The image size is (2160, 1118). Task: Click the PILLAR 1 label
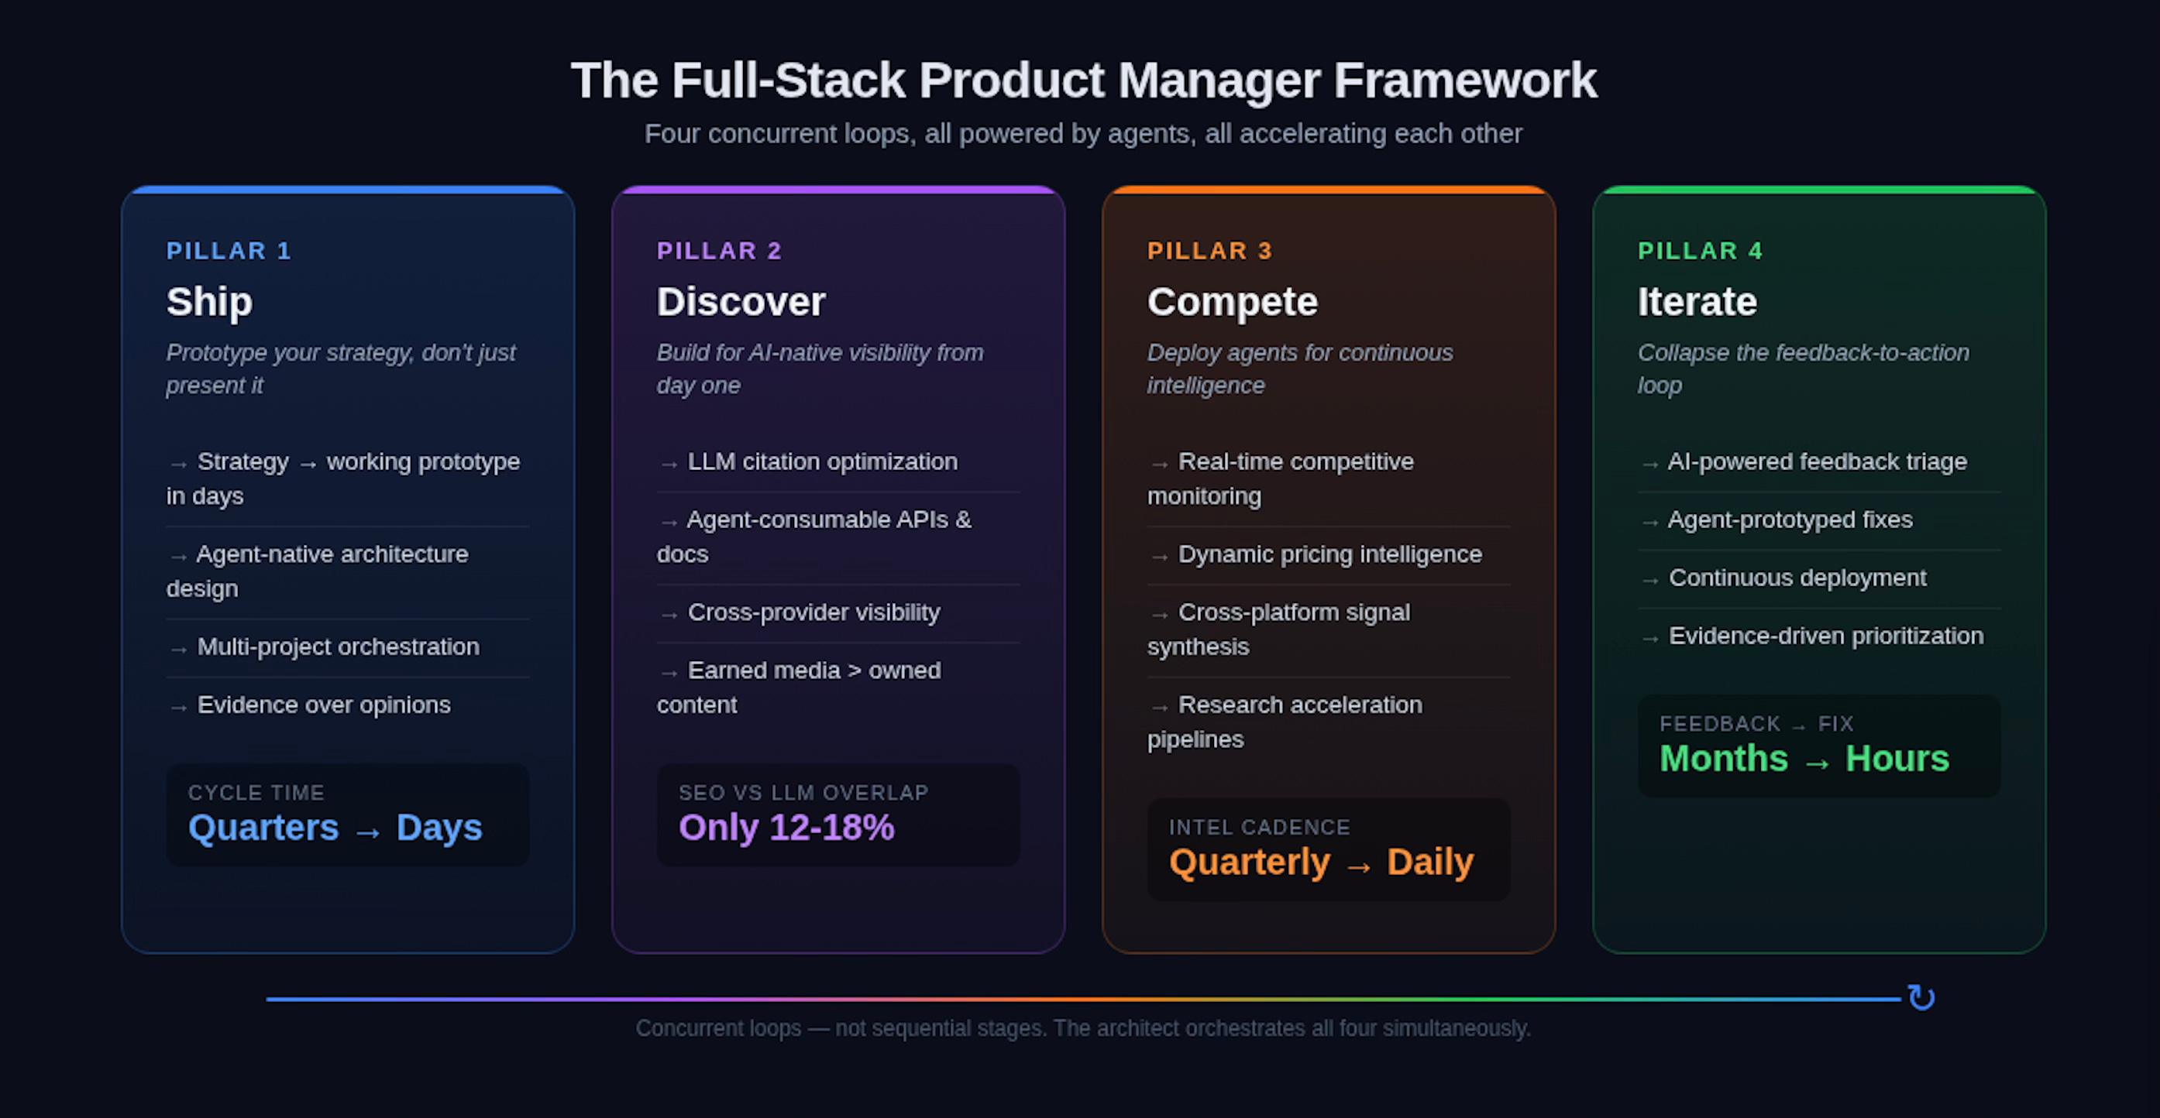(228, 251)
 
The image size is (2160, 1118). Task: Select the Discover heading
(741, 302)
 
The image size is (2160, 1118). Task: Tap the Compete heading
(1232, 302)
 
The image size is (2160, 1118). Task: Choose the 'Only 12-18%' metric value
(786, 828)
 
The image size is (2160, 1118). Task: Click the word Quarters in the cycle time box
(263, 828)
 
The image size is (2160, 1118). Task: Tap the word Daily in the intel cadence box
(1429, 863)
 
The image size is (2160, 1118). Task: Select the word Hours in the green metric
(1897, 760)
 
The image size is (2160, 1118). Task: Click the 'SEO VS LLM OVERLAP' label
(803, 793)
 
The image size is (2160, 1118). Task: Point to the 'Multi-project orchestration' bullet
(337, 647)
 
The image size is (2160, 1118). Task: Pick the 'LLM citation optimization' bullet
(822, 461)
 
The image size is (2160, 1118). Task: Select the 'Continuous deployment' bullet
(1797, 578)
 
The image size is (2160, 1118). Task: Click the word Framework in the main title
(1464, 81)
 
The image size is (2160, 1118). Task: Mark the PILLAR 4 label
(1700, 251)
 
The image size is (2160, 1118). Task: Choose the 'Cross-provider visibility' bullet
(813, 612)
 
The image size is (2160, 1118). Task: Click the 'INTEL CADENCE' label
(1259, 827)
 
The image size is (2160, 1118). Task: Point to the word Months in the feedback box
(1723, 760)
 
